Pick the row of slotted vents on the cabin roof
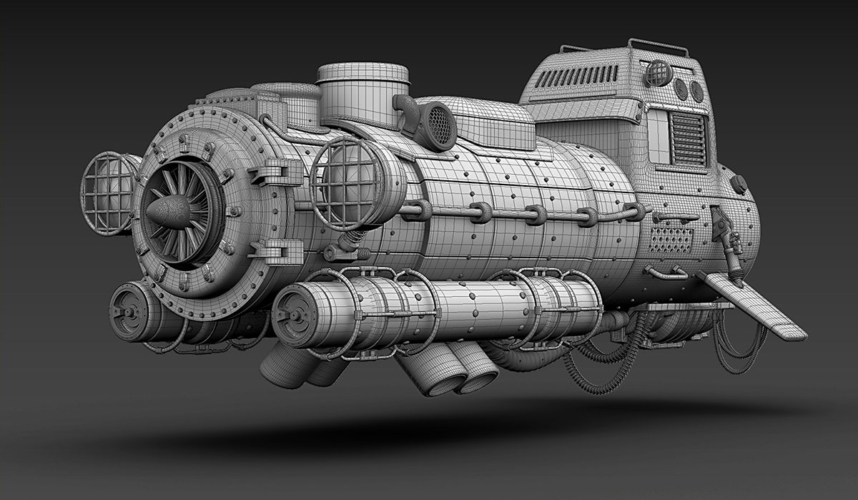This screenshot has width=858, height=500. (577, 75)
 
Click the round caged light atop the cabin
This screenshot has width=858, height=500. (658, 73)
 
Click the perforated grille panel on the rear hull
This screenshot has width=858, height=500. (670, 240)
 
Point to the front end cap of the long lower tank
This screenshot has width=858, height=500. (292, 315)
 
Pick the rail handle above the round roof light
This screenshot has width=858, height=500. (658, 46)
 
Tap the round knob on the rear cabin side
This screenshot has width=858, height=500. (738, 184)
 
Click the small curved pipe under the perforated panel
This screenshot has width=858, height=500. (665, 272)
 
